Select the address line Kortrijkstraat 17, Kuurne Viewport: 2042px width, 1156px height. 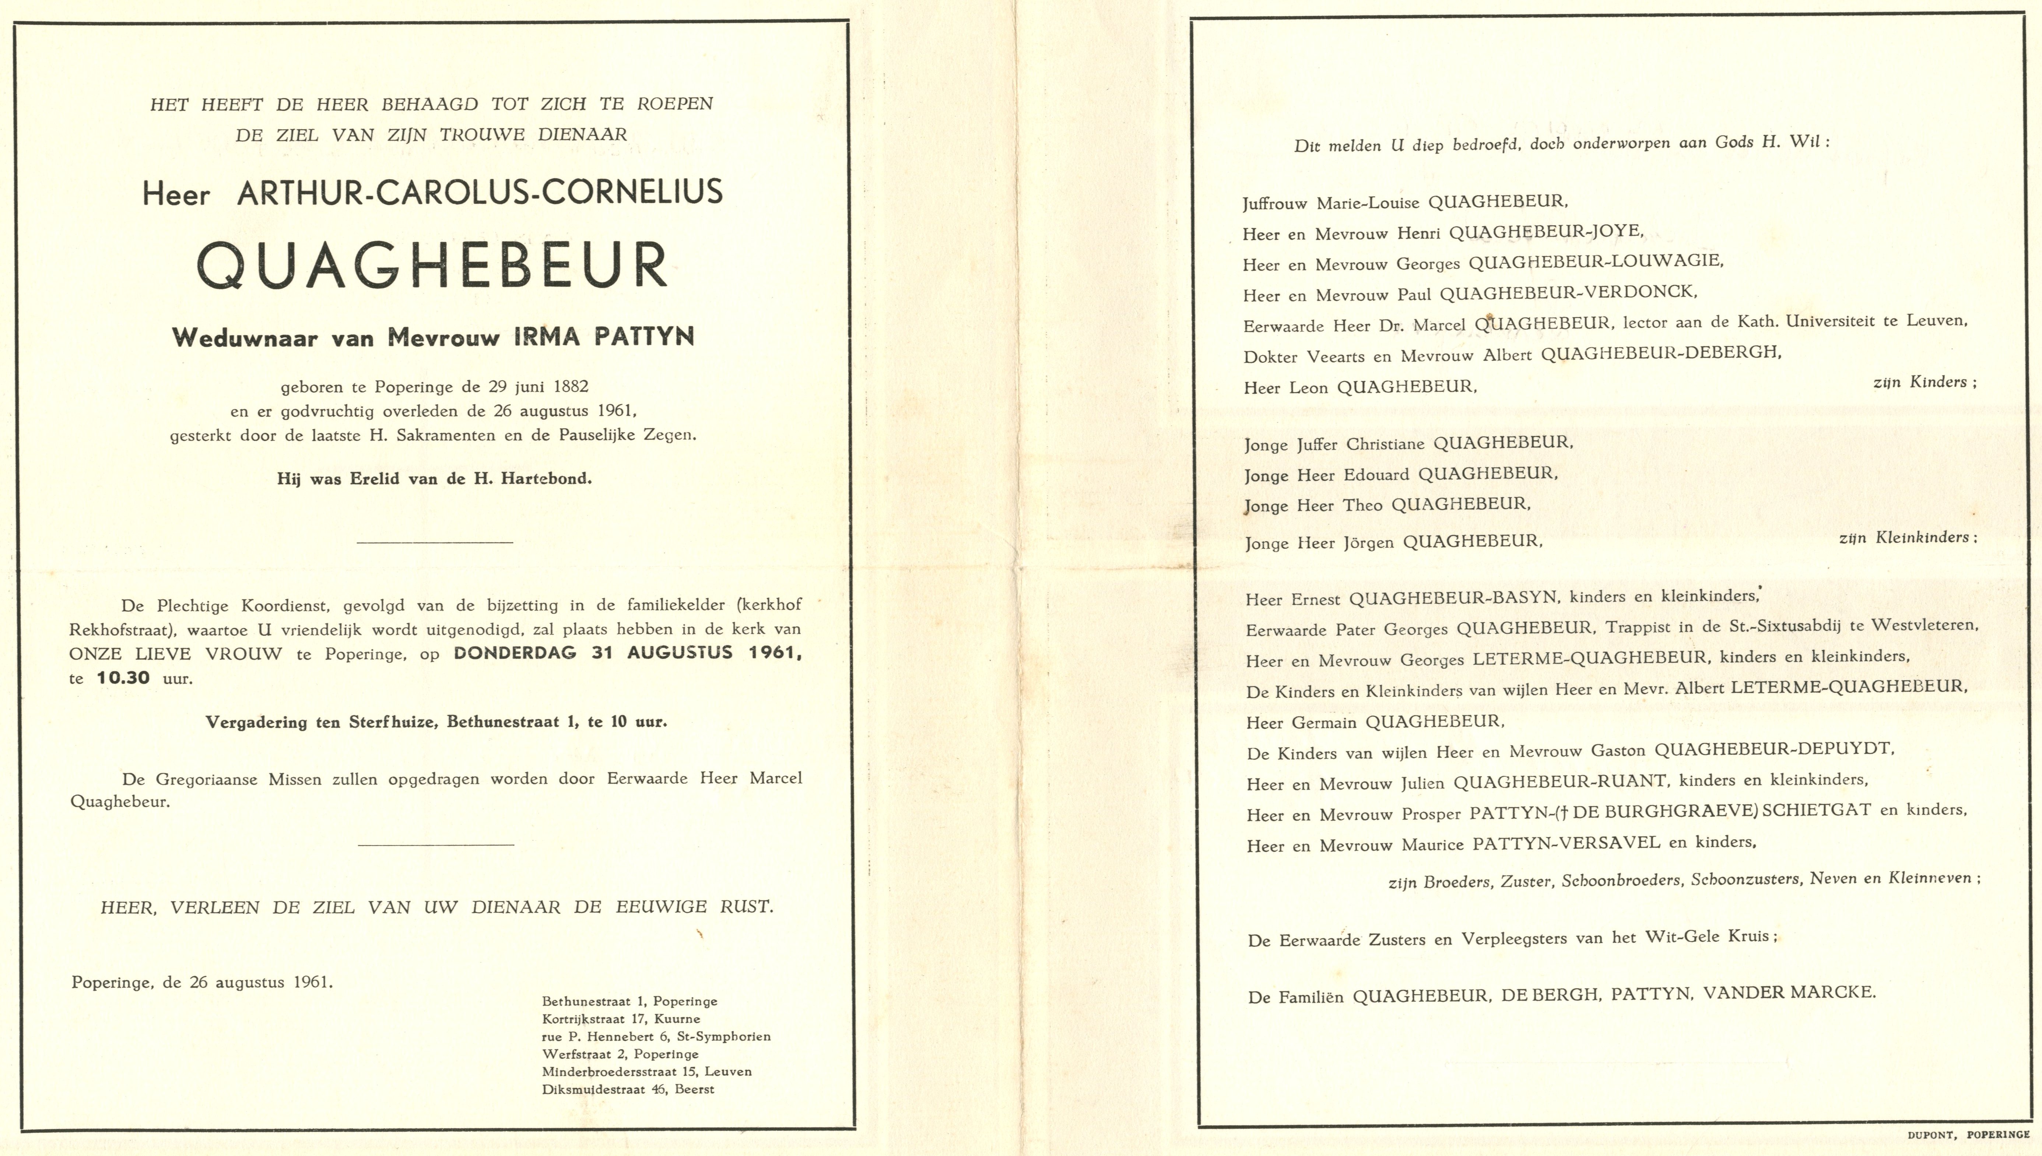621,1019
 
